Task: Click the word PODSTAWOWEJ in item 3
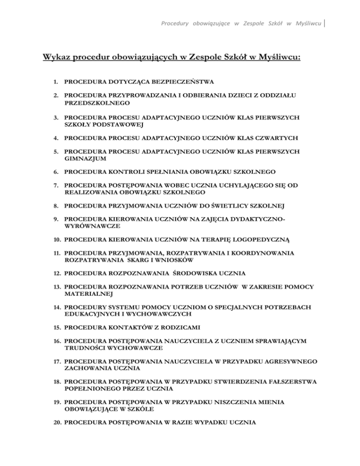pyautogui.click(x=120, y=124)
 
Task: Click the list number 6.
pyautogui.click(x=56, y=172)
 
